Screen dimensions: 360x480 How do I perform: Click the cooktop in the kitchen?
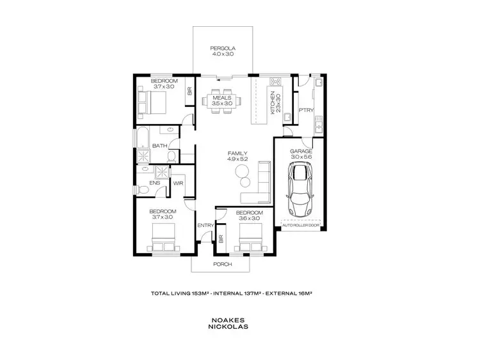[x=276, y=82]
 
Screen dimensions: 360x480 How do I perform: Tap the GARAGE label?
[x=300, y=151]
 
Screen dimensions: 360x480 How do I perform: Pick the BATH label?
[x=160, y=146]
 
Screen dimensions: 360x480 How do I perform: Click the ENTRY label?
[x=205, y=225]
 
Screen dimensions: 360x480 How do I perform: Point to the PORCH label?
[x=222, y=263]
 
